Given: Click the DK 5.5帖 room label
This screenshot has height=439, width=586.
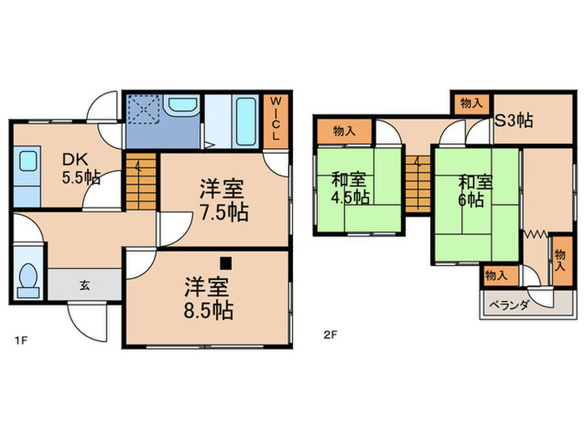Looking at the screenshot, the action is (80, 169).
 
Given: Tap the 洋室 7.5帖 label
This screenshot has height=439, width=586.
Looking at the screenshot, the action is (224, 200).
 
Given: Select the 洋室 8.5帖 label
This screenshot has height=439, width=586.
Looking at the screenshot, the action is (208, 298).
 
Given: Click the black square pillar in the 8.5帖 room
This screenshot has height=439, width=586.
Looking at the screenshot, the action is (226, 263).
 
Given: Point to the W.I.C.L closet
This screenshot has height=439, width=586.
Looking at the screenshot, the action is (275, 121).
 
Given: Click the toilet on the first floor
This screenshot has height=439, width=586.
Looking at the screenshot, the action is (28, 280).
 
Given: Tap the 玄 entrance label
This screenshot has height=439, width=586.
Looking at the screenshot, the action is (85, 286).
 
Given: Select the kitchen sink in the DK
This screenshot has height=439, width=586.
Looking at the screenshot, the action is (28, 161).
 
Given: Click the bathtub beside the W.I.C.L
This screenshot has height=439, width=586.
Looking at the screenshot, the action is (246, 121).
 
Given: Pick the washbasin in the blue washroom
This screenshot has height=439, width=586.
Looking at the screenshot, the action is (182, 105).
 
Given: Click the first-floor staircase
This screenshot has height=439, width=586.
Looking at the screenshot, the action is (141, 181).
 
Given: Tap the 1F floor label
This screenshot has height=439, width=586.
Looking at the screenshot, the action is (21, 340).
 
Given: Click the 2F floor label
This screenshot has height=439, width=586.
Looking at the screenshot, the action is (331, 334).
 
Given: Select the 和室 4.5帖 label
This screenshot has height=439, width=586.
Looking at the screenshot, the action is (350, 188).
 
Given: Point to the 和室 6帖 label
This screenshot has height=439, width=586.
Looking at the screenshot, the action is (475, 191).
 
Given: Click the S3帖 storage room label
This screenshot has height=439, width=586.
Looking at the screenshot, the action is (514, 120).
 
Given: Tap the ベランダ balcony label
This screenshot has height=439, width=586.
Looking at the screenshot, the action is (509, 305).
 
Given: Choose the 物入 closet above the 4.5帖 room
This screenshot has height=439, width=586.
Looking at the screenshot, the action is (345, 131).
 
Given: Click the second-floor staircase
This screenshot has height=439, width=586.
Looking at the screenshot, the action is (418, 185).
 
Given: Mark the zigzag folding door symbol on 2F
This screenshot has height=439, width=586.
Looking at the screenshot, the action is (536, 234).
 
